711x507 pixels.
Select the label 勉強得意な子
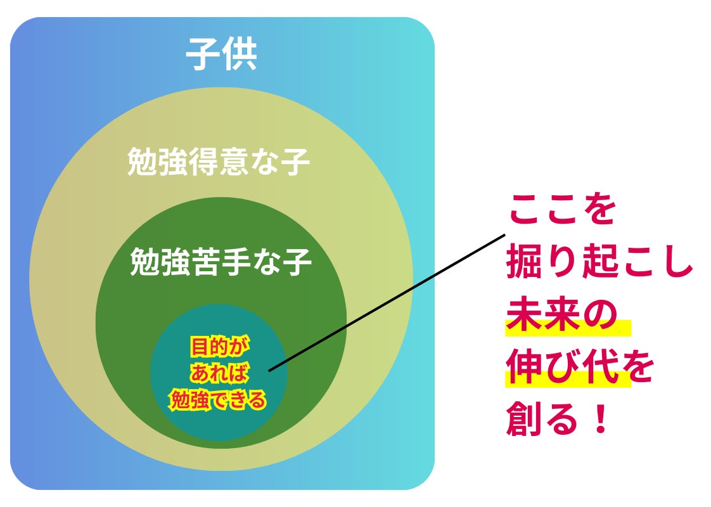tap(219, 162)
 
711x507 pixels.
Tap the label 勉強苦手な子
tap(221, 262)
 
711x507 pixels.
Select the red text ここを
tap(562, 209)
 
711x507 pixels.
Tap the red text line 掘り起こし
tap(599, 264)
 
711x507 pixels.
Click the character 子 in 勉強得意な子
tap(295, 162)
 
